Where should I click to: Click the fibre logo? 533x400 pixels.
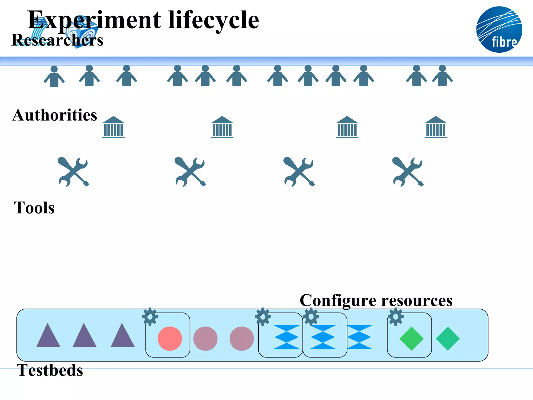[x=499, y=29]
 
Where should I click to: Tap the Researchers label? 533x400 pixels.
[x=57, y=40]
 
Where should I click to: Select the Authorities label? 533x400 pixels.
[x=55, y=115]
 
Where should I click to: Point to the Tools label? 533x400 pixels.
[x=34, y=208]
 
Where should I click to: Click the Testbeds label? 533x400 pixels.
[x=50, y=370]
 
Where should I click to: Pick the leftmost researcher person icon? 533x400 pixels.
[x=54, y=76]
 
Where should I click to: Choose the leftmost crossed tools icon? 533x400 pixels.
[x=73, y=172]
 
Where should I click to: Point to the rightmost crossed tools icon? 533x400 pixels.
[x=408, y=172]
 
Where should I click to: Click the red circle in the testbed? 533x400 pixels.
[x=170, y=339]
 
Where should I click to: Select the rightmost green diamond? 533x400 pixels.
[x=448, y=339]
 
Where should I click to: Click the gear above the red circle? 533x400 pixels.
[x=150, y=317]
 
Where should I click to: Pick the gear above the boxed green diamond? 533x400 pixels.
[x=396, y=317]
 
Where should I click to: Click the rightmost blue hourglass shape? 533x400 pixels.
[x=359, y=337]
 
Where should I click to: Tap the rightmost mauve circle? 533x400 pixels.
[x=242, y=339]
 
